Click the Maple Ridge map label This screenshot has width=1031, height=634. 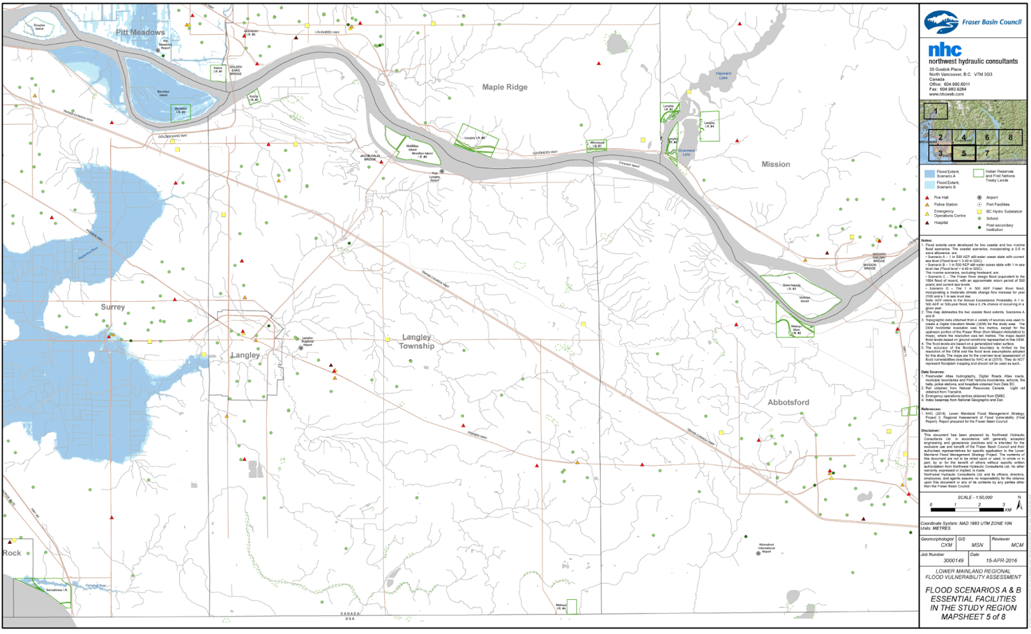tap(505, 87)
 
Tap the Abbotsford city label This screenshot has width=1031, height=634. tap(788, 402)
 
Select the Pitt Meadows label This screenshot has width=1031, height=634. tap(140, 32)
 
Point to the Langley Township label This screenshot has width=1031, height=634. tap(417, 342)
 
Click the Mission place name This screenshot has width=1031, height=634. tap(776, 164)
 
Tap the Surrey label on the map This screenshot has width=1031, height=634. tap(113, 307)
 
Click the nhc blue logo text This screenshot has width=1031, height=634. tap(945, 50)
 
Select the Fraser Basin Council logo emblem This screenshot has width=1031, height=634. tap(941, 22)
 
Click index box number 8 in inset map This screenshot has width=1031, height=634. tap(1010, 137)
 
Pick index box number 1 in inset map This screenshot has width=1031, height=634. tap(935, 110)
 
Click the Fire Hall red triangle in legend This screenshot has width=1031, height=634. tap(927, 197)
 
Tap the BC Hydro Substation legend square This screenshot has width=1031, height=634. tap(979, 212)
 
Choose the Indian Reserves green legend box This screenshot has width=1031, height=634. tap(978, 173)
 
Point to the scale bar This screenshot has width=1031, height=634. tap(967, 510)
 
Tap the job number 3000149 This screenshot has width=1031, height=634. tap(954, 560)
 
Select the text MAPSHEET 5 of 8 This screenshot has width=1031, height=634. tap(973, 617)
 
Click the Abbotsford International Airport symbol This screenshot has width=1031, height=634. tap(758, 553)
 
